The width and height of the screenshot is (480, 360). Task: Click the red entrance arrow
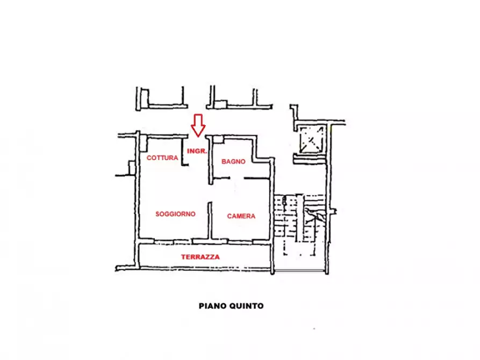click(x=198, y=126)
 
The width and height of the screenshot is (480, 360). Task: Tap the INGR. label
click(x=197, y=151)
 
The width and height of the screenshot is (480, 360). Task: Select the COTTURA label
click(x=162, y=157)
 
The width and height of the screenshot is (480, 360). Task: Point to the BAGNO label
click(x=233, y=161)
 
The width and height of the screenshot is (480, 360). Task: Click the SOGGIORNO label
click(x=175, y=214)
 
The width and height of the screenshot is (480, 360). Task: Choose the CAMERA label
click(x=241, y=216)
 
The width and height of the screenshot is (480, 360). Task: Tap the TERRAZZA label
click(x=200, y=257)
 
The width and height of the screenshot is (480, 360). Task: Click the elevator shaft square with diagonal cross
click(x=311, y=140)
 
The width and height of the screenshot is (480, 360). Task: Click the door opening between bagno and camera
click(x=237, y=178)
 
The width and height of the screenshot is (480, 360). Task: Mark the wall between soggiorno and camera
click(x=210, y=220)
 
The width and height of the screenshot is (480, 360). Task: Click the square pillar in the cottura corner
click(x=144, y=144)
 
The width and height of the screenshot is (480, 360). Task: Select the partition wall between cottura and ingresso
click(x=183, y=152)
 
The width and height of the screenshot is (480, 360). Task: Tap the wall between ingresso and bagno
click(x=210, y=160)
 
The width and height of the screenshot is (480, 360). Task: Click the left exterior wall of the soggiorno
click(x=138, y=187)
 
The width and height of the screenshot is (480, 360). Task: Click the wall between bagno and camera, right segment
click(x=257, y=178)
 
